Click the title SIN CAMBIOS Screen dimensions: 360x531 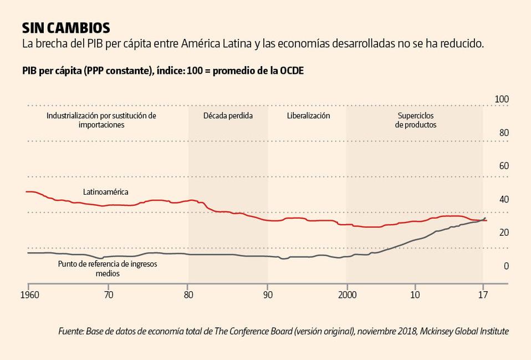[66, 28]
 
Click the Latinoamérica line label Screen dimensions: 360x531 [105, 192]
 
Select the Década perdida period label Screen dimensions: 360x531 [228, 116]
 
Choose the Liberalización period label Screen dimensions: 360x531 [308, 116]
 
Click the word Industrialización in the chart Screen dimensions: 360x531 [73, 116]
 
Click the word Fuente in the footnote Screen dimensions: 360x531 [70, 331]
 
